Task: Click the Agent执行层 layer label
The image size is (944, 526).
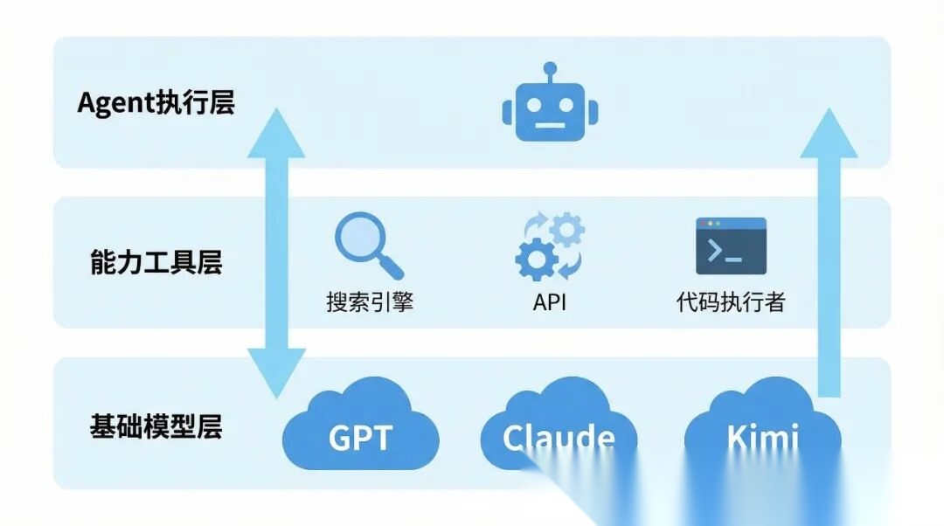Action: pyautogui.click(x=156, y=103)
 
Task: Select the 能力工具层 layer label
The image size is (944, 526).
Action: pyautogui.click(x=156, y=261)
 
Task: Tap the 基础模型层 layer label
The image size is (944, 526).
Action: pyautogui.click(x=156, y=426)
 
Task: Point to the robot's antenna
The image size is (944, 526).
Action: pyautogui.click(x=550, y=69)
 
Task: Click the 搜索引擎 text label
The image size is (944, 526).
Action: pyautogui.click(x=369, y=302)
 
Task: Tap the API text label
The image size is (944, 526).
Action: pyautogui.click(x=550, y=302)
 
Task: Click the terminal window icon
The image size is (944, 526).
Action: pyautogui.click(x=731, y=246)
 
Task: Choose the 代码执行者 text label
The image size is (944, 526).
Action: pyautogui.click(x=731, y=302)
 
